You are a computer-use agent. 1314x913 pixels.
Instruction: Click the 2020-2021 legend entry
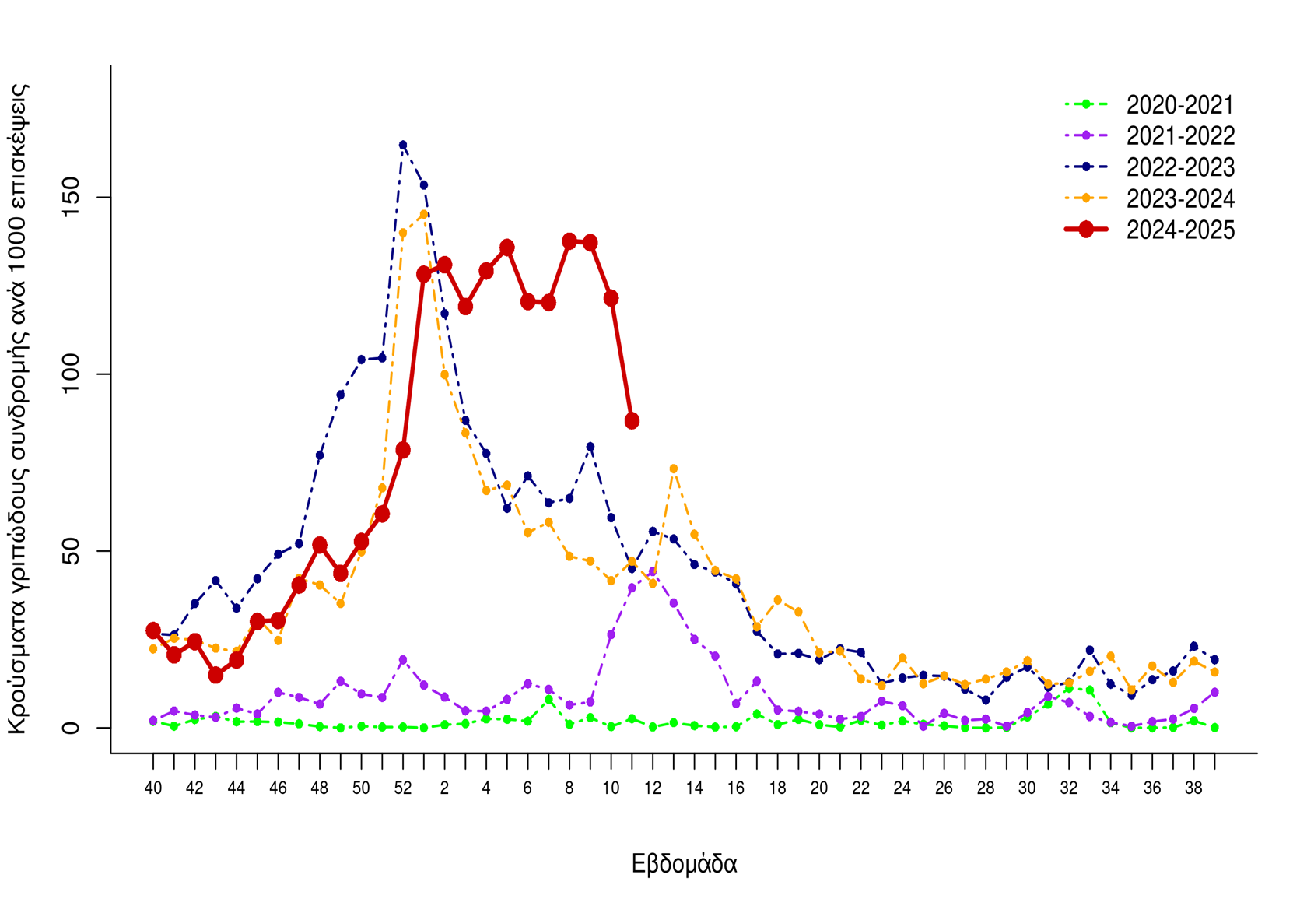(x=1179, y=104)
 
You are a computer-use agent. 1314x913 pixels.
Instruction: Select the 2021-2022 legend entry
(x=1179, y=136)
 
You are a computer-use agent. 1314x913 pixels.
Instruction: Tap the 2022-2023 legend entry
(x=1179, y=167)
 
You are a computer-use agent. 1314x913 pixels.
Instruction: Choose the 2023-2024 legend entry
(x=1179, y=199)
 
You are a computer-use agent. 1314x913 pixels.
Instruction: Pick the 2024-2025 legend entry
(x=1179, y=230)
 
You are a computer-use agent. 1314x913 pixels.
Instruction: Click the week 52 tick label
(x=403, y=788)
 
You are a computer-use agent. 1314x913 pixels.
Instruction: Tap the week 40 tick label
(x=153, y=788)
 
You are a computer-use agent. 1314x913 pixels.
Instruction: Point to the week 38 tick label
(x=1193, y=788)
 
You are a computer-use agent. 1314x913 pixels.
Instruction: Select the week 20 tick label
(x=819, y=788)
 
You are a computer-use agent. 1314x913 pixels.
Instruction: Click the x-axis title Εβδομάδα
(x=684, y=864)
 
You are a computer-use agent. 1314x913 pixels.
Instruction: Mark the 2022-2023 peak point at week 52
(x=403, y=145)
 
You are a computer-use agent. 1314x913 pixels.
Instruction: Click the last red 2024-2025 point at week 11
(x=632, y=421)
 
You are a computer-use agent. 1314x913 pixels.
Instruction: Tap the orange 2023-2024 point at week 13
(x=674, y=469)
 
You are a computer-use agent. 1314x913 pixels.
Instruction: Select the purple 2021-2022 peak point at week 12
(x=653, y=571)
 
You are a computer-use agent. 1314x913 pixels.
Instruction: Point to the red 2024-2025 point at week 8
(x=569, y=241)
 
